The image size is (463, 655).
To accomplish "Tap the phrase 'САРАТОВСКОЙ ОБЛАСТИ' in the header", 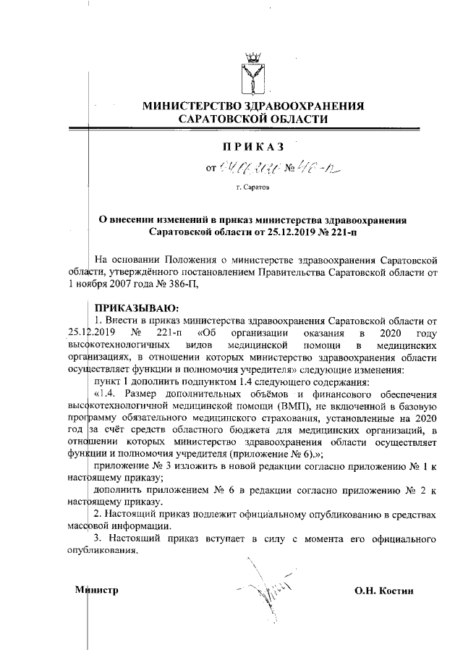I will coord(252,119).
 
